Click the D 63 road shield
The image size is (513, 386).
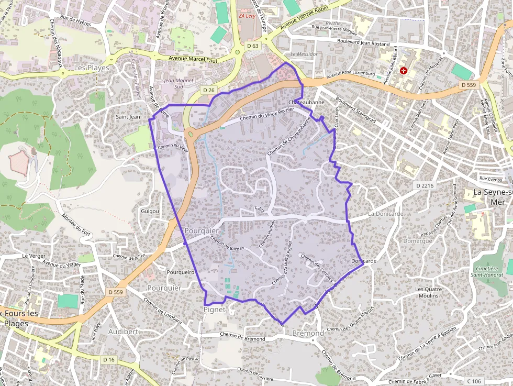point(252,46)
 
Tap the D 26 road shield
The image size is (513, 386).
point(208,91)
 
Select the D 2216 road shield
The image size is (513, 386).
point(425,185)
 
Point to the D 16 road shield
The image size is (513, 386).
point(108,360)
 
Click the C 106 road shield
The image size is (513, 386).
point(474,381)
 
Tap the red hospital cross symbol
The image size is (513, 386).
point(404,70)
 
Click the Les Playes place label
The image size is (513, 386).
point(92,68)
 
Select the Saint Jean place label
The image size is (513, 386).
point(128,117)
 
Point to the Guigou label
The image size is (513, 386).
point(150,211)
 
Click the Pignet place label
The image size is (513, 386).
point(215,310)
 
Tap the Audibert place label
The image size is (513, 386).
point(123,332)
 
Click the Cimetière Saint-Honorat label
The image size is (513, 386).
point(490,271)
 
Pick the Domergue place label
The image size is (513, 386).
point(418,241)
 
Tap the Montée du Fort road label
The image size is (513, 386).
point(77,225)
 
